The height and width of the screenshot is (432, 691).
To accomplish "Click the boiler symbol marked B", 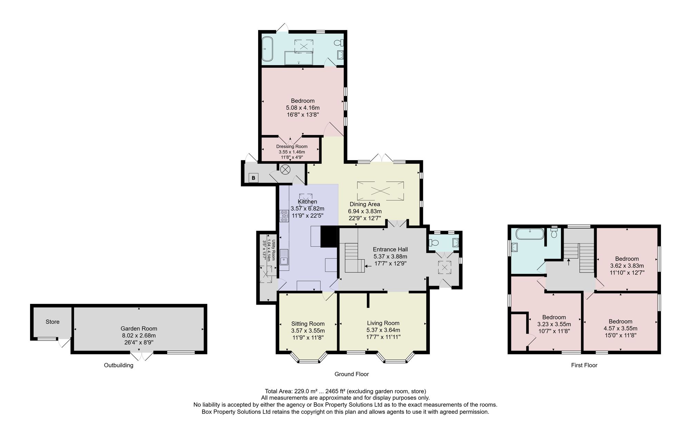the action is [x=254, y=178].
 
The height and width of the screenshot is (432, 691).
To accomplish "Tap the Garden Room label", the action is [x=139, y=328].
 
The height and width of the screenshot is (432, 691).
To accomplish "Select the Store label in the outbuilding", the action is [x=53, y=321].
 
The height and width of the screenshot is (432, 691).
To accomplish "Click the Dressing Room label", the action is [x=292, y=146].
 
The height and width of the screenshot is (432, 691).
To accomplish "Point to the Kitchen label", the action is [x=307, y=202].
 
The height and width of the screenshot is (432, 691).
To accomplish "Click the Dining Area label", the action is [x=365, y=204].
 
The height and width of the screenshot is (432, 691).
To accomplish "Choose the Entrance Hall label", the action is [x=390, y=249].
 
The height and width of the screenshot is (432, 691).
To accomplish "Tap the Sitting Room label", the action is [x=308, y=324].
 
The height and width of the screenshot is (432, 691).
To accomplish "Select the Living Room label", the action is [x=383, y=323].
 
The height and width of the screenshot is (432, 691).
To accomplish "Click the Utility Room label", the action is [x=273, y=250].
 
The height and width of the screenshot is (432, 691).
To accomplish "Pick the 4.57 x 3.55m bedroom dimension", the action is [x=621, y=328].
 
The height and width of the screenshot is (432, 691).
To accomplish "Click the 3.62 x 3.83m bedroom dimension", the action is [x=627, y=266].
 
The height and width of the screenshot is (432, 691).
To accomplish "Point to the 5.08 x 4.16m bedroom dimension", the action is [x=303, y=108].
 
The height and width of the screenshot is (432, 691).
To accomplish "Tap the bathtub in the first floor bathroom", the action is [x=530, y=234].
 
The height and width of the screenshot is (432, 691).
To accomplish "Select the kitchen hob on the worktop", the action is [x=284, y=216].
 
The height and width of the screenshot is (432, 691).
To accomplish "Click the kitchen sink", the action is [x=284, y=257].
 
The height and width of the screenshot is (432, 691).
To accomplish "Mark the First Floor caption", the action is [x=584, y=365].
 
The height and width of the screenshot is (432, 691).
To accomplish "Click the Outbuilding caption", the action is [x=119, y=365].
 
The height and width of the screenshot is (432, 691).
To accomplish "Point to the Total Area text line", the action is [x=345, y=391].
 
